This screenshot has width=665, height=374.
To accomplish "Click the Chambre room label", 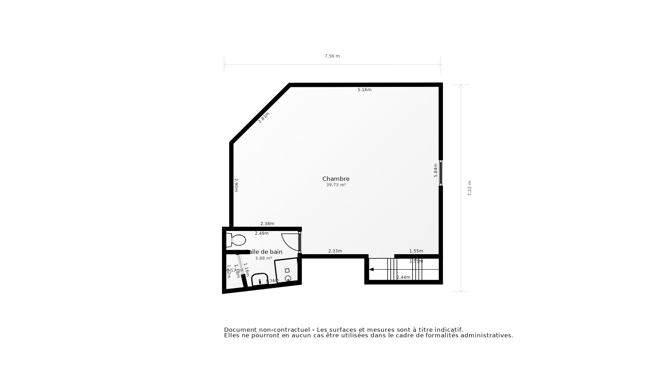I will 336,179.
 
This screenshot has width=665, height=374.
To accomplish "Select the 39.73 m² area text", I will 336,185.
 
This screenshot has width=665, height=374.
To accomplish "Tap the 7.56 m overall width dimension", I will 332,56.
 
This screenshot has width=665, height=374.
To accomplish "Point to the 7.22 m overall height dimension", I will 470,188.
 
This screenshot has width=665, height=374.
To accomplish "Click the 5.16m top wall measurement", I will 364,90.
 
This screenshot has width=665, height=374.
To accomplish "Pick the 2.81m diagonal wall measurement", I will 264,118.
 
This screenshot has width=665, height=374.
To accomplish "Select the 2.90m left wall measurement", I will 236,185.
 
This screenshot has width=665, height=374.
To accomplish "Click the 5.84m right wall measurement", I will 436,170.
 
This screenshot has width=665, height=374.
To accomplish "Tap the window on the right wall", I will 441,173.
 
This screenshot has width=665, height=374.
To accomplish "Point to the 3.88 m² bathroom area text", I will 263,258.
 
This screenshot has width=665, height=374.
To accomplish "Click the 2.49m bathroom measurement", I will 261,233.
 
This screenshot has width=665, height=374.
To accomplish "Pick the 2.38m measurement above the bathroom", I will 267,224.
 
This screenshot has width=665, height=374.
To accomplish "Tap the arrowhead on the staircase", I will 371,269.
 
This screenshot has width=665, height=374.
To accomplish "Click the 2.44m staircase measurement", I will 403,277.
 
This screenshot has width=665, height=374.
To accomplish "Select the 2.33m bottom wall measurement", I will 335,251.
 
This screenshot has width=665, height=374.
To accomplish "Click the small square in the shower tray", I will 287,270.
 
